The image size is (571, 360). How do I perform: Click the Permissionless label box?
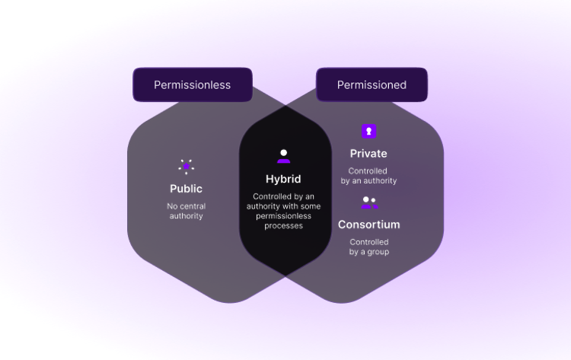click(x=192, y=85)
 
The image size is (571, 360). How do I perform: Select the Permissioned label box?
click(x=372, y=85)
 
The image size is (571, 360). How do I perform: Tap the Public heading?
click(x=187, y=189)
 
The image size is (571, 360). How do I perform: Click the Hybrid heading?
click(x=284, y=179)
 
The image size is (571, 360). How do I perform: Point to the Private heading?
click(x=368, y=154)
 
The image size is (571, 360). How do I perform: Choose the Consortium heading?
click(x=369, y=225)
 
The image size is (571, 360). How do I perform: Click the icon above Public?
click(x=187, y=166)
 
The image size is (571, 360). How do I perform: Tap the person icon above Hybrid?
click(x=284, y=156)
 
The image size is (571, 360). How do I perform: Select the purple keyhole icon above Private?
click(x=368, y=132)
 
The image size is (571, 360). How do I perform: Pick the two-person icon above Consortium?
click(x=369, y=202)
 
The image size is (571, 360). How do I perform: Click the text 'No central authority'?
click(x=187, y=211)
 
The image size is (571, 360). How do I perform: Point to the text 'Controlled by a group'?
click(x=369, y=247)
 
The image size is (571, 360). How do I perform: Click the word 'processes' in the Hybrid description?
click(x=284, y=225)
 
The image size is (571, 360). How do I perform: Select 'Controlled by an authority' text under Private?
click(x=368, y=176)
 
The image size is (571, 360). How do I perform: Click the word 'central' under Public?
click(x=193, y=206)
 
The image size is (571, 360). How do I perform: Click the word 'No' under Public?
click(x=173, y=206)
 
